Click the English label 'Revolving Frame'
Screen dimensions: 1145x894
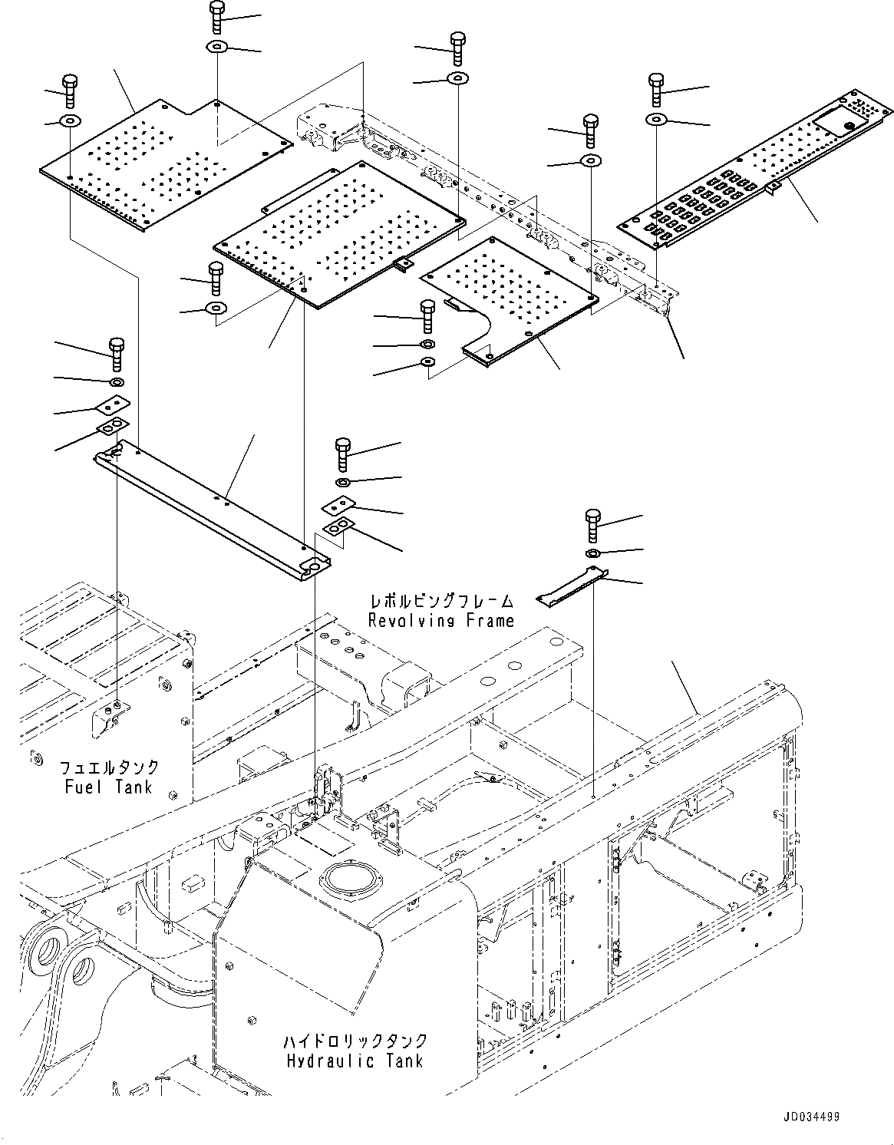441,620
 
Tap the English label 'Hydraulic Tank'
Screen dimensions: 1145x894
354,1061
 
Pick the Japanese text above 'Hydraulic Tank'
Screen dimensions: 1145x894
354,1041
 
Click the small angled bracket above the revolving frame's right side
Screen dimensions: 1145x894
572,586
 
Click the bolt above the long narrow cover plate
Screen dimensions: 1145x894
656,89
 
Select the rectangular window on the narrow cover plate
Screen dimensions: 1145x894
838,120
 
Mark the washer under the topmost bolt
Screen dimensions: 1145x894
217,48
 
